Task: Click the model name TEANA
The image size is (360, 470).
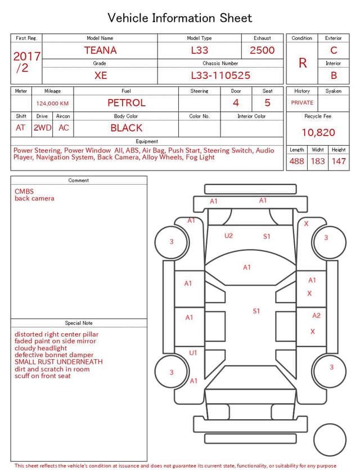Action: pos(100,50)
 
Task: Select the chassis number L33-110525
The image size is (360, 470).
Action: pos(220,75)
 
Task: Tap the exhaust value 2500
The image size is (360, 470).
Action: pos(262,50)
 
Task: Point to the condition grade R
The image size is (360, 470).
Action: pos(303,63)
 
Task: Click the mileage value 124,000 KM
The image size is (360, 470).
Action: pos(52,104)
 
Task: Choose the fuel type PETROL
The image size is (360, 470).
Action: pos(127,103)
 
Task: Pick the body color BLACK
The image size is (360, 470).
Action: pos(127,128)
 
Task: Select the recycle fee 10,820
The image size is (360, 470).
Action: pos(318,132)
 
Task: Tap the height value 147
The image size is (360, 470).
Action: pos(339,161)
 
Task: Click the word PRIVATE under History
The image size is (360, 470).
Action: pos(302,102)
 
